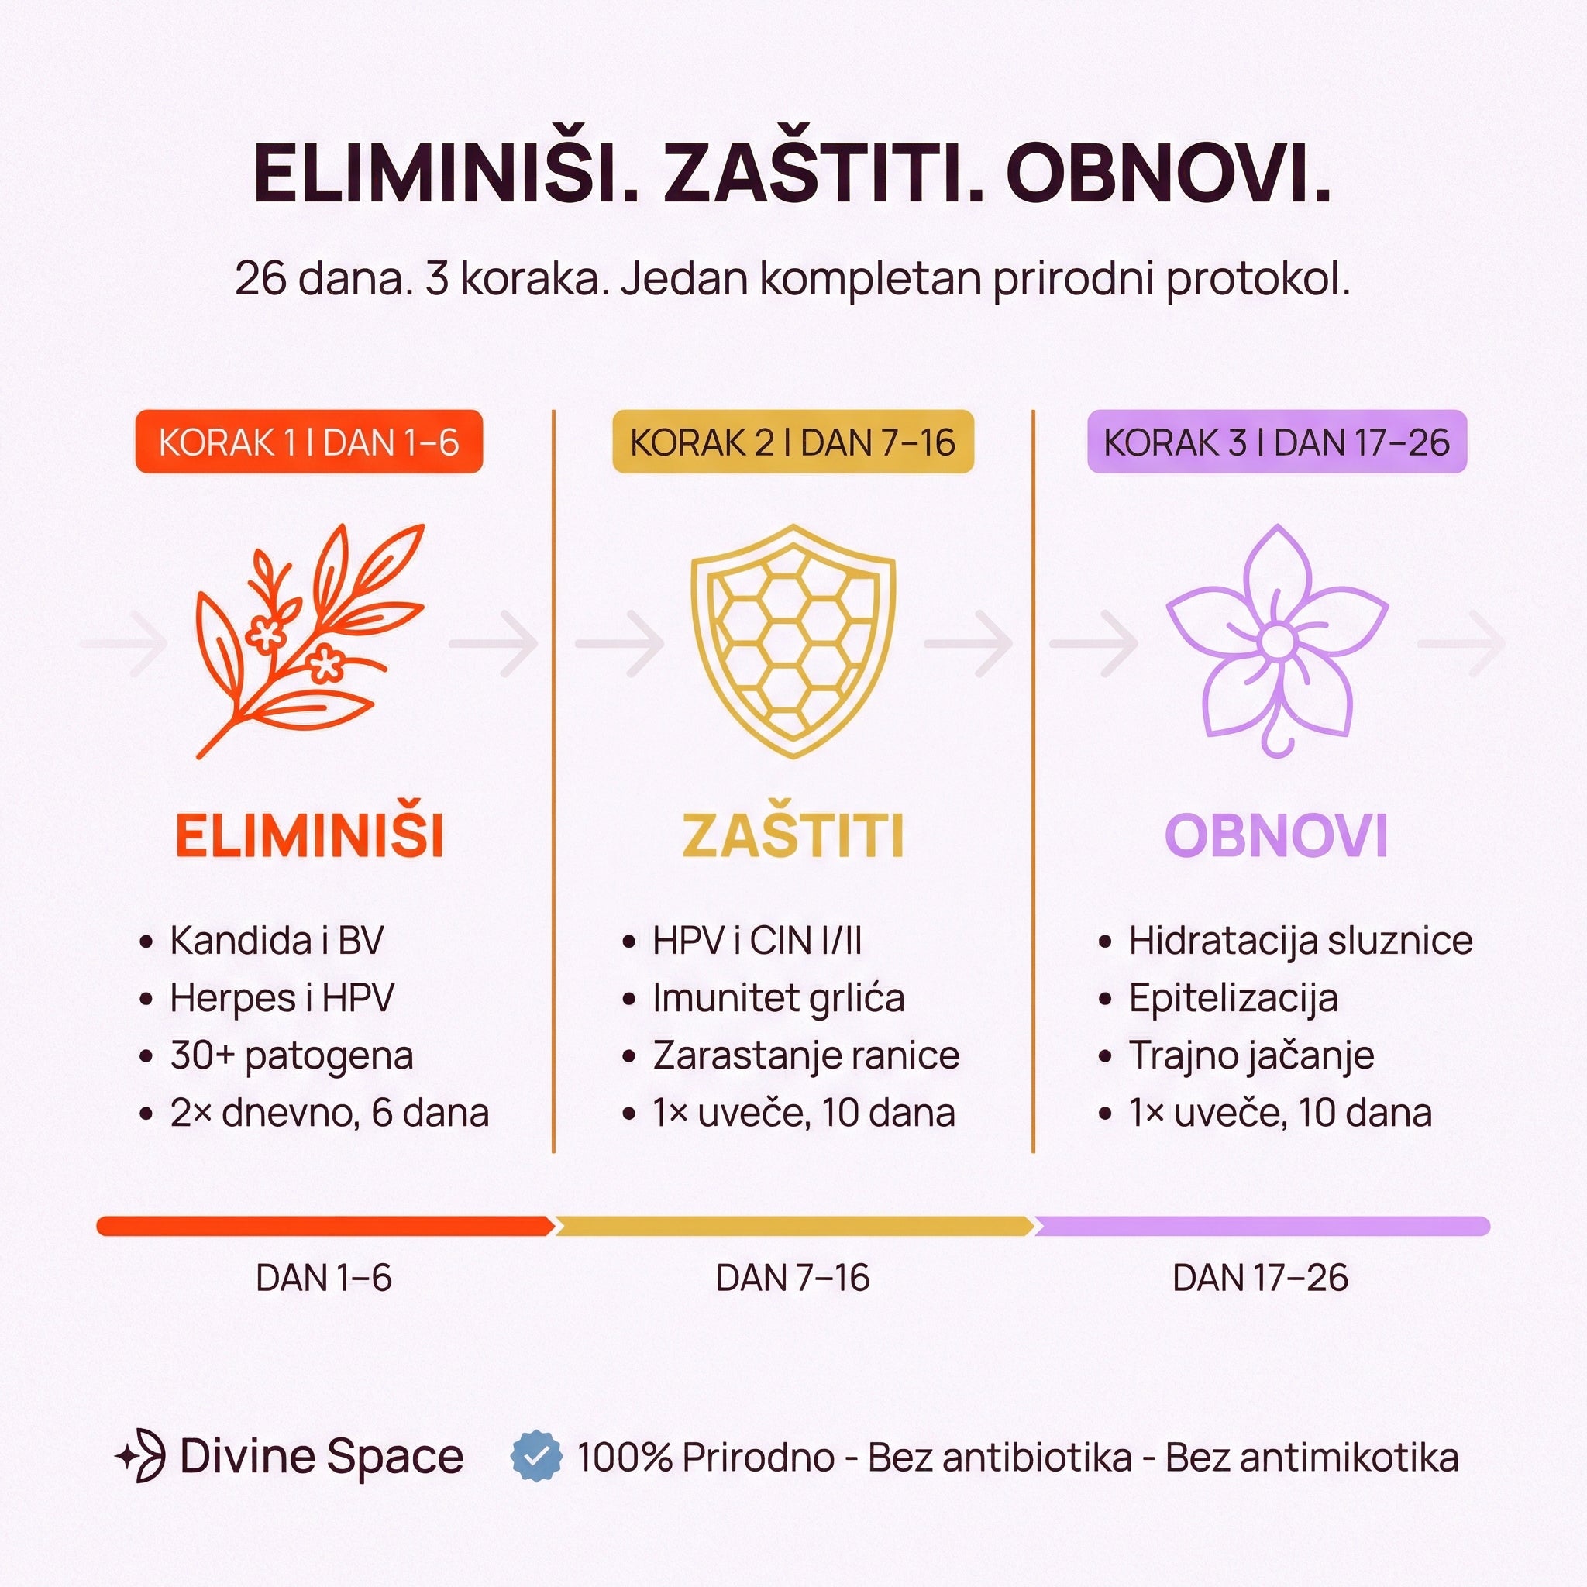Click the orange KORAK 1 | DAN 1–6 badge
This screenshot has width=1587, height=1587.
click(309, 442)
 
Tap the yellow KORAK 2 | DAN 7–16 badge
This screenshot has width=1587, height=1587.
click(793, 442)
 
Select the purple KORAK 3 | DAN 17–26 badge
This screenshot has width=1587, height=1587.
click(1276, 442)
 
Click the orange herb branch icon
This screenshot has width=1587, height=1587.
click(308, 641)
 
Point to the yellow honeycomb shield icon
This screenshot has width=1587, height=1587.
click(793, 641)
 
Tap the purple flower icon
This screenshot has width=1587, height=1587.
click(1276, 641)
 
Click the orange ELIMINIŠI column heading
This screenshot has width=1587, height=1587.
click(309, 835)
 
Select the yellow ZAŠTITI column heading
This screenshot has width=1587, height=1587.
click(793, 835)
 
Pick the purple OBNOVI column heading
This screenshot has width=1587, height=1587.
click(1276, 835)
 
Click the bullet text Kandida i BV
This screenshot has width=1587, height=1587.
click(276, 941)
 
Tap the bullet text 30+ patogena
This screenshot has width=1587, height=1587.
click(291, 1055)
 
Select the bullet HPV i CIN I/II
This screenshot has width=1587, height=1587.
click(756, 941)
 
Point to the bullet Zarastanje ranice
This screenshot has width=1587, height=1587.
click(806, 1055)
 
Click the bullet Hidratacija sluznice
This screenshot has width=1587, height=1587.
click(1300, 941)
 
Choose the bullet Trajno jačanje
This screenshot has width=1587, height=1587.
click(1251, 1055)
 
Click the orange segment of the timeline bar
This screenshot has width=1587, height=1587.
click(325, 1227)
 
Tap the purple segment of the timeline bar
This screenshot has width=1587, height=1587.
click(1261, 1227)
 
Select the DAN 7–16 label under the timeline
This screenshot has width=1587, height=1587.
click(793, 1278)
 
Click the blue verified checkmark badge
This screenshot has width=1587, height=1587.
click(536, 1456)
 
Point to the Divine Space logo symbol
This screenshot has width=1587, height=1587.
click(141, 1455)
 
